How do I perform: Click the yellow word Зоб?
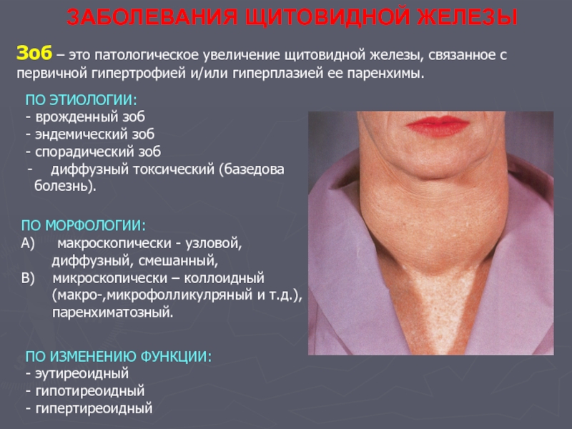coord(34,53)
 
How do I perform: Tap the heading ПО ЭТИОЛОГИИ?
coord(81,100)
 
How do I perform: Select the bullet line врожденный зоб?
coord(85,117)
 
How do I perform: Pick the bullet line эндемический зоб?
coord(90,134)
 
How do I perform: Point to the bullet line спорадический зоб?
coord(93,152)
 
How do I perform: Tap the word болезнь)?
coord(65,186)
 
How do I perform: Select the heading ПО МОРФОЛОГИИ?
coord(84,225)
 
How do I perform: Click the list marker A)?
coord(28,243)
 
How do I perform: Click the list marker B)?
coord(28,278)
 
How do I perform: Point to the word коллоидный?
coord(224,278)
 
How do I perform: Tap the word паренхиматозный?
coord(113,312)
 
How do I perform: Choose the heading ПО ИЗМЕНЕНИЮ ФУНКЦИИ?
coord(118,356)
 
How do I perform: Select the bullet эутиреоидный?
coord(77,373)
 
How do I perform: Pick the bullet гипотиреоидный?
coord(85,391)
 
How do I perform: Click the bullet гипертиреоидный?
coord(89,408)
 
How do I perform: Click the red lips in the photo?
coord(438,126)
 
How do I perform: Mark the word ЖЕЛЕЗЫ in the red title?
coord(467,17)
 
